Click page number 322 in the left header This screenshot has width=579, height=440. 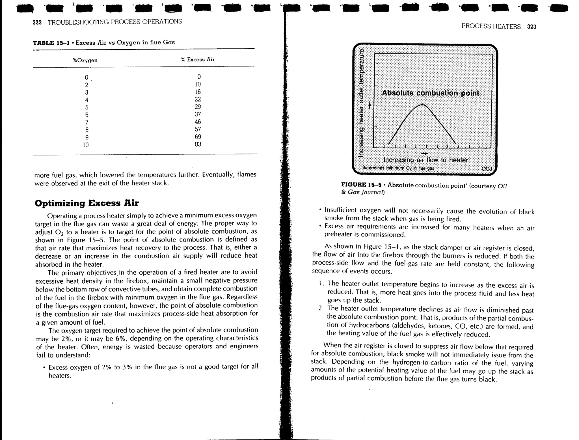pos(37,23)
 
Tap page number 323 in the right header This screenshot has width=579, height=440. pos(532,27)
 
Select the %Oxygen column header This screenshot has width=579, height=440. pos(85,60)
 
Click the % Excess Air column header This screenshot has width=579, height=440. pos(198,60)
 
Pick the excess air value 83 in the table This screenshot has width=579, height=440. pos(198,144)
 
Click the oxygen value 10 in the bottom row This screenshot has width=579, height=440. pos(86,145)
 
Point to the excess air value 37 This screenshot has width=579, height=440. pos(198,114)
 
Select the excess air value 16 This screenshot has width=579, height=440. pos(198,92)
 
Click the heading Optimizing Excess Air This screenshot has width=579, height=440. pos(87,203)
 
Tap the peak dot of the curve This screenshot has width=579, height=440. pos(422,104)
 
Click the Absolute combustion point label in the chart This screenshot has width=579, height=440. pos(430,93)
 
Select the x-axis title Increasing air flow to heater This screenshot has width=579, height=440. pos(425,160)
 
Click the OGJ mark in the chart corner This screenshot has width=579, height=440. pos(487,169)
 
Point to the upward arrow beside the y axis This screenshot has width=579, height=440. pos(370,106)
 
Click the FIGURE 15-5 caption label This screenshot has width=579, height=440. pos(363,185)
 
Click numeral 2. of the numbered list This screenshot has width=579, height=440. pos(321,308)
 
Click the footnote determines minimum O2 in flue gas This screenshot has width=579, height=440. pos(398,168)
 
